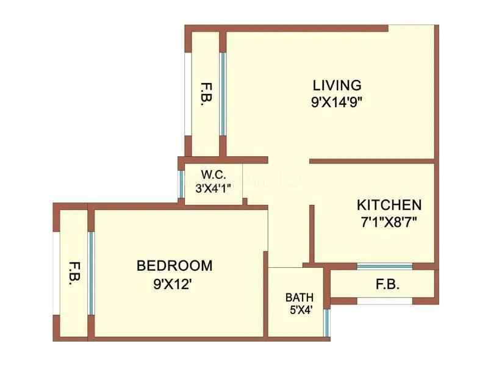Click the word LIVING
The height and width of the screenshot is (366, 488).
(337, 85)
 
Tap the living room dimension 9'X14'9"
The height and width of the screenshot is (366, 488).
(337, 102)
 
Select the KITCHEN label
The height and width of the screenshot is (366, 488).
(389, 204)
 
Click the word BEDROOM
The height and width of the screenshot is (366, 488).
(174, 266)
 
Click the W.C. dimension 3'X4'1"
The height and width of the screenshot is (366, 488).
(213, 189)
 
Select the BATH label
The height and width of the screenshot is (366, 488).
(299, 298)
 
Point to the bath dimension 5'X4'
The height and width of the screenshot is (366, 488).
(299, 309)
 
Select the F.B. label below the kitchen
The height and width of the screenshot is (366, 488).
(388, 284)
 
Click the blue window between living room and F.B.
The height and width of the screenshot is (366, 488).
(223, 93)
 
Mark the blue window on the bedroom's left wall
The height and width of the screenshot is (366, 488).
(91, 273)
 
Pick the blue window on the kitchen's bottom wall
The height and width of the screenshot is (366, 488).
(384, 266)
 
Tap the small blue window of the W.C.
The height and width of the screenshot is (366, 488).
(181, 184)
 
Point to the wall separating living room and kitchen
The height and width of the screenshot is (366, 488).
(372, 161)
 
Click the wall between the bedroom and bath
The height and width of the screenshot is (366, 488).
(266, 293)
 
